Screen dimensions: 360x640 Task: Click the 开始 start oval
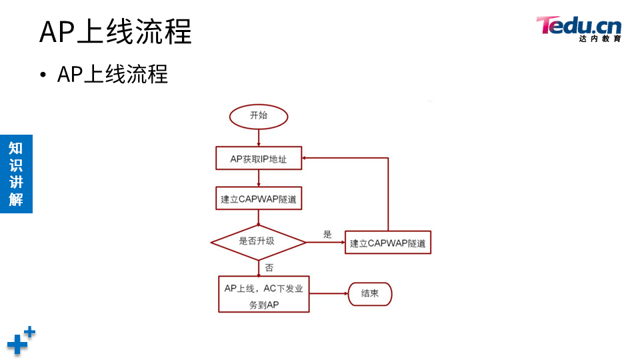(x=259, y=116)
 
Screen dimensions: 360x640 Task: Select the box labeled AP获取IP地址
(x=259, y=159)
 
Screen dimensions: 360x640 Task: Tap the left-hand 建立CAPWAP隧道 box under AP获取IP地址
(x=259, y=198)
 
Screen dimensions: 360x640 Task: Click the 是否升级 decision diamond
(x=258, y=241)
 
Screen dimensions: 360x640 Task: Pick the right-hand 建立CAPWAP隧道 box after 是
(x=388, y=243)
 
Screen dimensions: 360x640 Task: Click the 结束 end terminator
(x=370, y=293)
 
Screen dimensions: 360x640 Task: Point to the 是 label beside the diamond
(x=327, y=234)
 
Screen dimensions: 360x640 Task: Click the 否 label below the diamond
(x=269, y=267)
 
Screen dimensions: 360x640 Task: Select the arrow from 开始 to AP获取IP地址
(x=259, y=137)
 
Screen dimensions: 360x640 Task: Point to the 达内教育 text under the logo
(x=600, y=39)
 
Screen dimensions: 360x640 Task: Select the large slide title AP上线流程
(x=115, y=31)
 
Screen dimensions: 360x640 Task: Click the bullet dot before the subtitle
(x=43, y=75)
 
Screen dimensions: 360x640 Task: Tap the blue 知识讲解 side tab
(x=16, y=173)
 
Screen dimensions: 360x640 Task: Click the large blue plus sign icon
(x=17, y=345)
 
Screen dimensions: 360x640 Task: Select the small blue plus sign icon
(x=30, y=331)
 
